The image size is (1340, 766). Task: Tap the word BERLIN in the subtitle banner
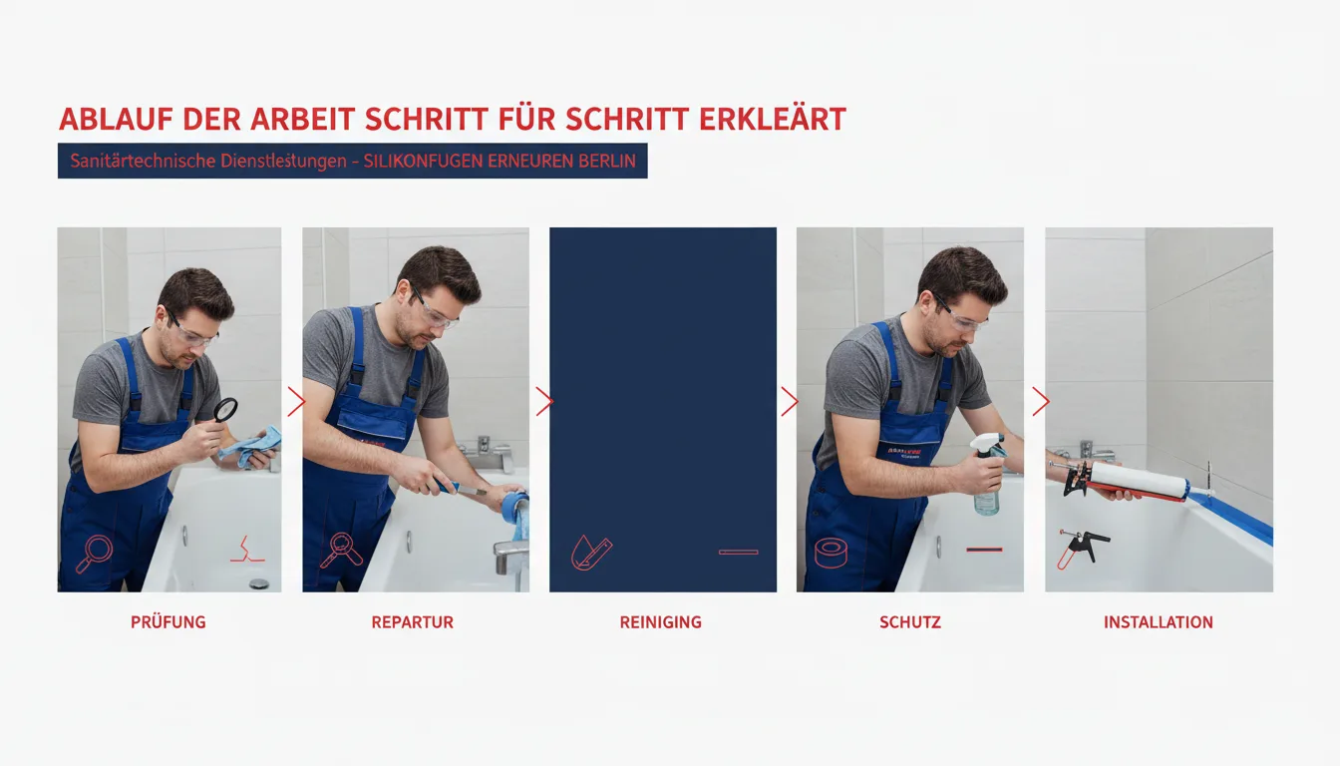coord(606,161)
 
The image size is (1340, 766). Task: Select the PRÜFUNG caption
coord(168,621)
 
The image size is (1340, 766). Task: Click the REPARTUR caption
coord(412,622)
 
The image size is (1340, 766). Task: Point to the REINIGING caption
coord(660,622)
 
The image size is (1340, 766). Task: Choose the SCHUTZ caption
coord(910,622)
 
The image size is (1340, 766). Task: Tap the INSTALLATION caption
coord(1159,622)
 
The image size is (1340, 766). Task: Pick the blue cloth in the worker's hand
coord(251,446)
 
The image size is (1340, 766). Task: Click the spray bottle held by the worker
coord(986,473)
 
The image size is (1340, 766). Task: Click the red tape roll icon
coord(831,553)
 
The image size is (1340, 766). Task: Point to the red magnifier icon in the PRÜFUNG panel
coord(94,555)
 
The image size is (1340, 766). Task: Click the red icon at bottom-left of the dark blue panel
coord(591,553)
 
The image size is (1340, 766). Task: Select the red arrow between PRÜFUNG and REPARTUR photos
coord(296,402)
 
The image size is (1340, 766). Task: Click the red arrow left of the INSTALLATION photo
coord(1041,402)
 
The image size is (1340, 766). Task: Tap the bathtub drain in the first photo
coord(258,583)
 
